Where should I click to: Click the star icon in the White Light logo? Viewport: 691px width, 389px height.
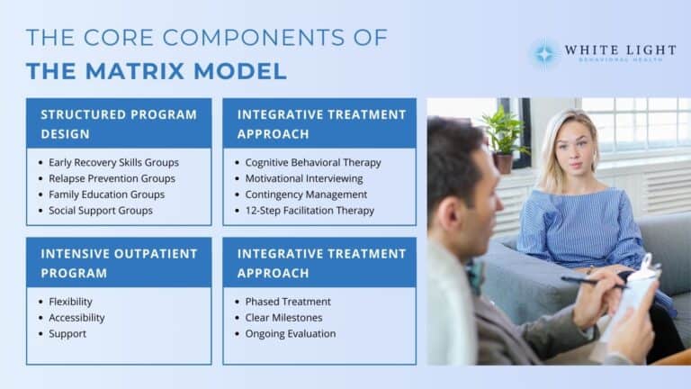[x=543, y=53]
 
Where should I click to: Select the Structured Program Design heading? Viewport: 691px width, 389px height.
[x=118, y=123]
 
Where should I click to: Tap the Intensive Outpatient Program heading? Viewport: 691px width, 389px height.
[x=118, y=263]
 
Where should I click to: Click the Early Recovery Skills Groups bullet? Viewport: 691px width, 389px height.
[x=113, y=162]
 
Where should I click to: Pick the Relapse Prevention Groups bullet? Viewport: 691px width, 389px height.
[x=112, y=178]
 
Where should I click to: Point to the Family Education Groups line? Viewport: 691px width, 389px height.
[x=107, y=194]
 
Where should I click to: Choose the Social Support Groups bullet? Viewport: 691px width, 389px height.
[x=101, y=211]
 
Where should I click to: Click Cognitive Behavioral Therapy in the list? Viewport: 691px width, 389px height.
[x=313, y=162]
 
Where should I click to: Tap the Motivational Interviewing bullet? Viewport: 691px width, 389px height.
[x=304, y=178]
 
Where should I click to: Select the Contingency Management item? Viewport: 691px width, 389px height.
[x=306, y=194]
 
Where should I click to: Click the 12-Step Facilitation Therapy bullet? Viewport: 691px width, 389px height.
[x=310, y=211]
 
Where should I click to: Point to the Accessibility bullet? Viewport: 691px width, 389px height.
[x=76, y=318]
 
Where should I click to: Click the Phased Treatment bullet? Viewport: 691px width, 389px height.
[x=288, y=302]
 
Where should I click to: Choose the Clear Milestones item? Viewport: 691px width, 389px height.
[x=283, y=318]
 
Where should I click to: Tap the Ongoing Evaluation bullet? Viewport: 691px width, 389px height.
[x=291, y=334]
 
